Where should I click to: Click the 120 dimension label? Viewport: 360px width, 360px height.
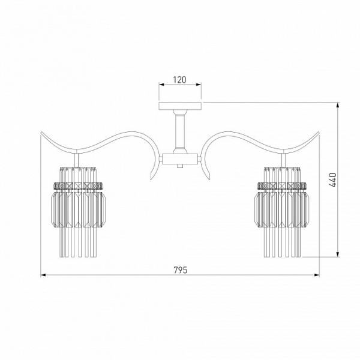point(179,80)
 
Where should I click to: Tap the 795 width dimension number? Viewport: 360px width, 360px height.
point(180,270)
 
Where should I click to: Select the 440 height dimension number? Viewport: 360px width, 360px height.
point(333,180)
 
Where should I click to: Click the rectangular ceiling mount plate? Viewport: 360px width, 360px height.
point(180,106)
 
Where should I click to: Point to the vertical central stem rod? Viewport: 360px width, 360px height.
point(180,131)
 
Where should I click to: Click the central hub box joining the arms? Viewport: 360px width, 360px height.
point(180,159)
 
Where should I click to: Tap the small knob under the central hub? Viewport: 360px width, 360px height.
point(180,166)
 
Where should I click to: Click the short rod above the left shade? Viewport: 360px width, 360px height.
point(77,160)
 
